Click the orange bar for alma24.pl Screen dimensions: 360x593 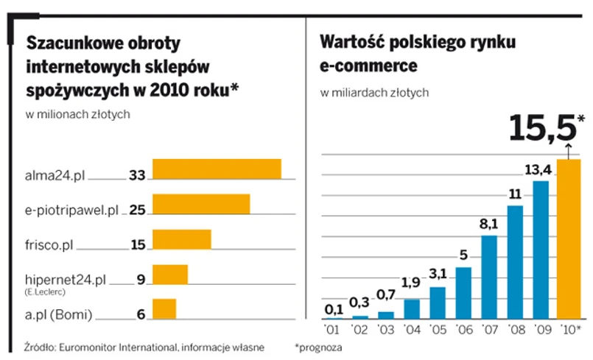216,169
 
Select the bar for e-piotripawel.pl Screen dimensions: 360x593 200,204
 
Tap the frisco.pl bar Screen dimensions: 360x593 181,239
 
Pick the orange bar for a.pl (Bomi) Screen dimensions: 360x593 164,309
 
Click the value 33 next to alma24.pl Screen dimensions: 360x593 137,175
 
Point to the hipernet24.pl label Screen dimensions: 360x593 60,280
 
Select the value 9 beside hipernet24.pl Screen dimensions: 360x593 141,280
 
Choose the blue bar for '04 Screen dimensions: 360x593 412,308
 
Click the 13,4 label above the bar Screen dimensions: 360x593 538,171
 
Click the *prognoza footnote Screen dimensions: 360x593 318,345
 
